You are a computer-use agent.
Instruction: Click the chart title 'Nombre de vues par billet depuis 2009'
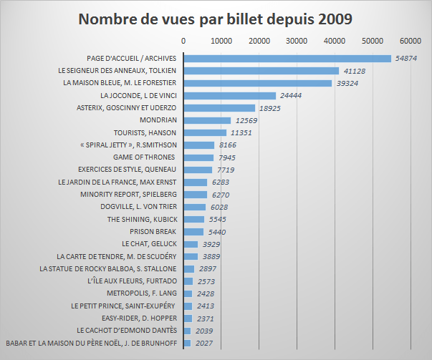216,18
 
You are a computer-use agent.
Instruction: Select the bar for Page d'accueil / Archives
287,58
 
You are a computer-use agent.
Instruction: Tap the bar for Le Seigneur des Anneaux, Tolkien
261,71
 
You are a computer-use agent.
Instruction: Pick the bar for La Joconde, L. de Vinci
230,95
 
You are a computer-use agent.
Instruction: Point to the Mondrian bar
207,120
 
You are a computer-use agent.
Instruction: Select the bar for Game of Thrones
198,157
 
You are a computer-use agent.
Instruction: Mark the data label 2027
205,344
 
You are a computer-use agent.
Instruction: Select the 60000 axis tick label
411,41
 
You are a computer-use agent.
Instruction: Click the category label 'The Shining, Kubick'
143,219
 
